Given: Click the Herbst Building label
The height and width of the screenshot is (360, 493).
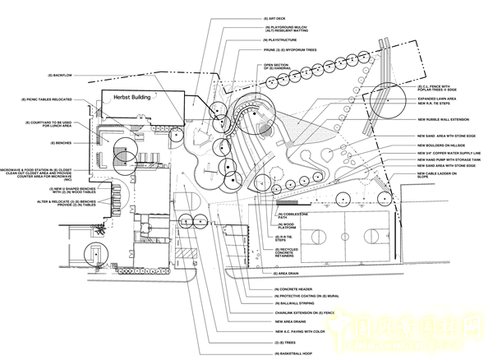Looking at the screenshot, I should pyautogui.click(x=137, y=96).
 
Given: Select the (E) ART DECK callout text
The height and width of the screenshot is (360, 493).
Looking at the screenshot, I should pyautogui.click(x=273, y=17).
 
